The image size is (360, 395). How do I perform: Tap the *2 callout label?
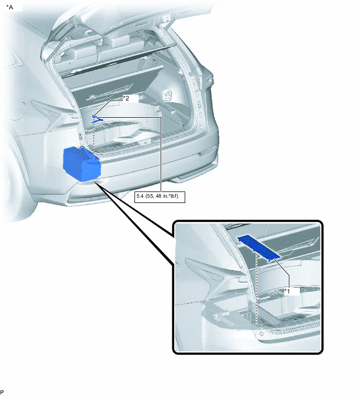(126, 98)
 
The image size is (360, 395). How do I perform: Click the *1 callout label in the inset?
(287, 290)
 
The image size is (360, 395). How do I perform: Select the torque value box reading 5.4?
(160, 197)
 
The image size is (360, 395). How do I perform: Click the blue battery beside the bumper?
(81, 163)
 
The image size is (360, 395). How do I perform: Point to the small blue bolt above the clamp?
(94, 116)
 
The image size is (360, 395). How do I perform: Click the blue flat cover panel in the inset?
(258, 246)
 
